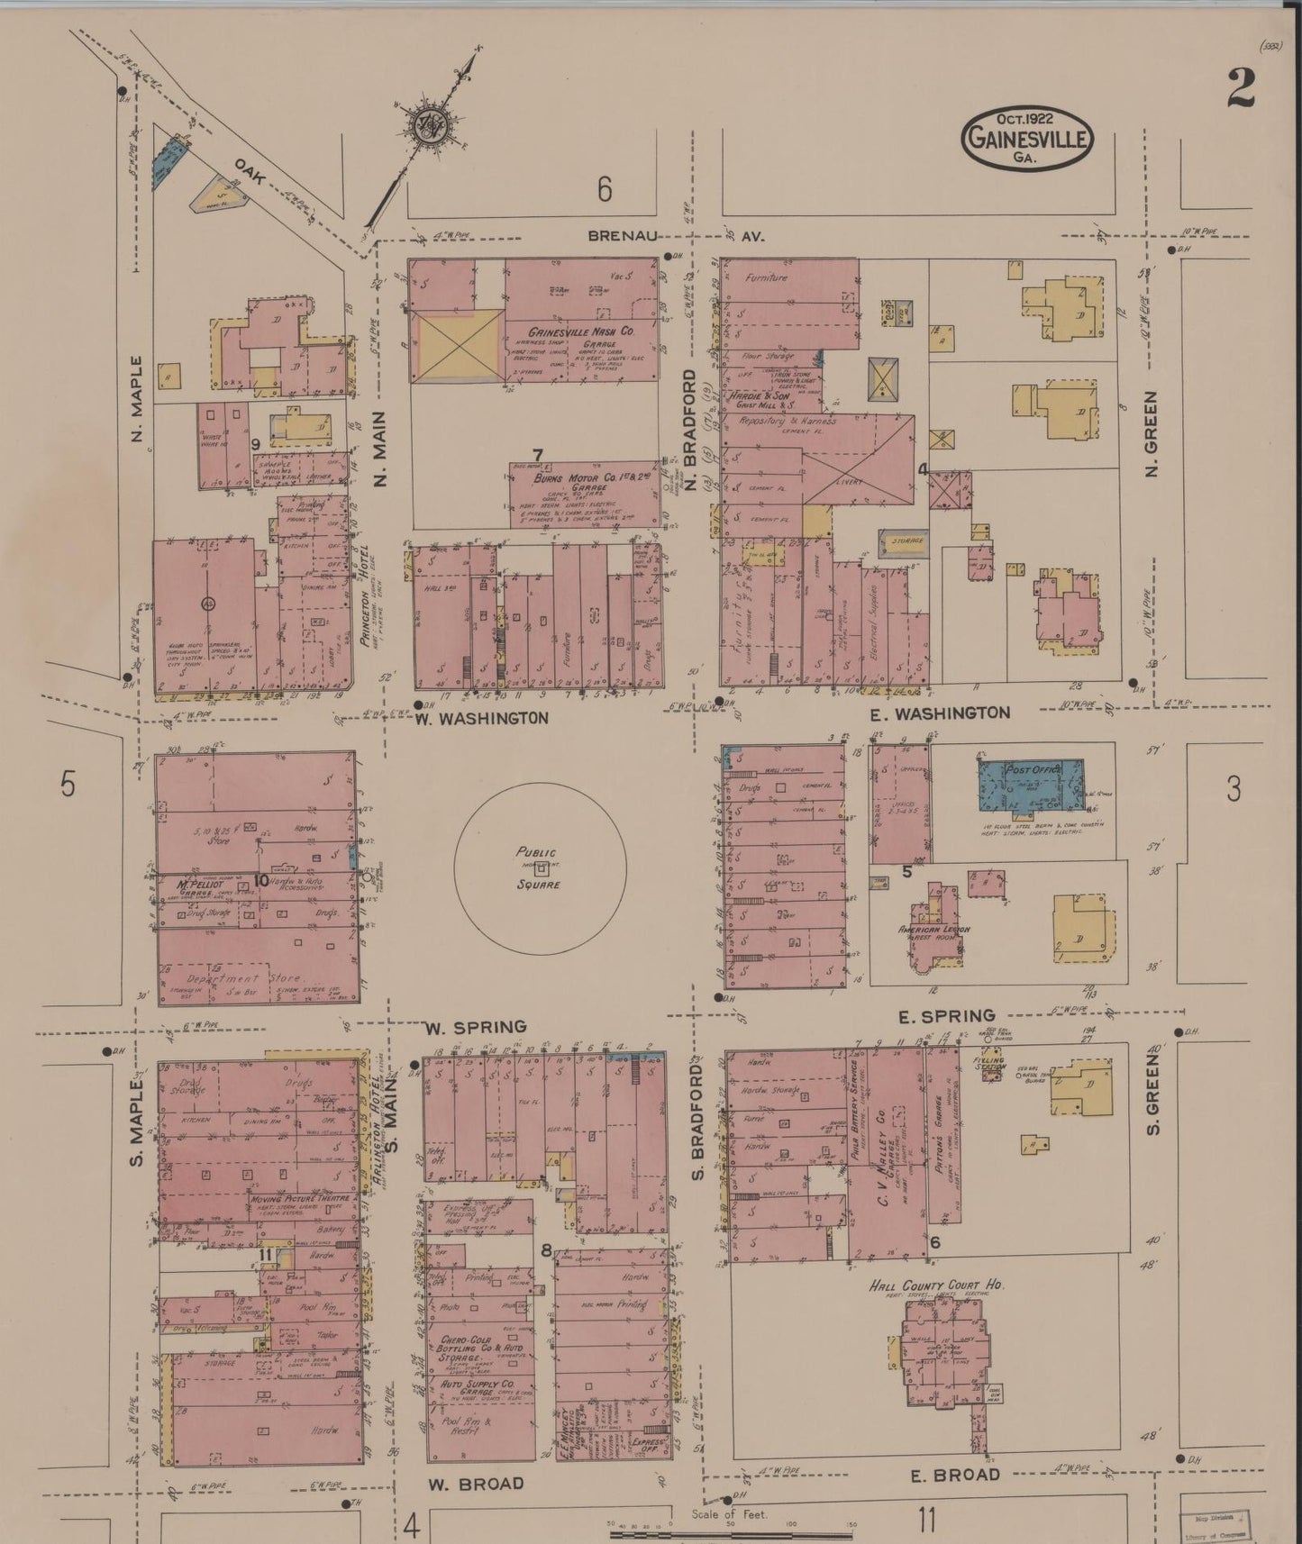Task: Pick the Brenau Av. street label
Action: pyautogui.click(x=675, y=236)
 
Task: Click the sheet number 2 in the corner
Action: pyautogui.click(x=1242, y=87)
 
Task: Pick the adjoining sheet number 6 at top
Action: pyautogui.click(x=604, y=189)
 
